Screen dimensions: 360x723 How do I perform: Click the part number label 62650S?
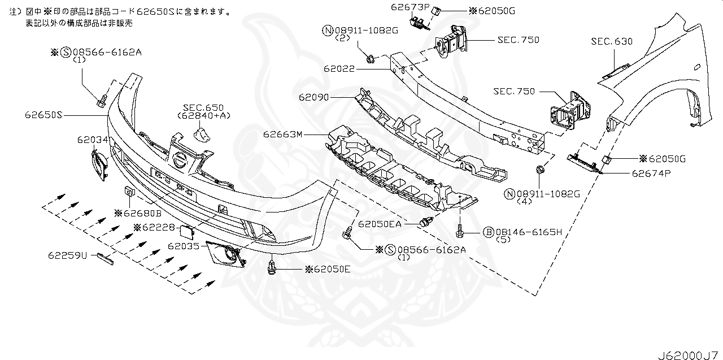pos(42,115)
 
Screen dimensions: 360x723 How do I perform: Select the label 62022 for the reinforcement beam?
pos(339,69)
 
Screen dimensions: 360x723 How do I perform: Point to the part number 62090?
pos(314,97)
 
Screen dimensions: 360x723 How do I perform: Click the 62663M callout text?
pos(282,135)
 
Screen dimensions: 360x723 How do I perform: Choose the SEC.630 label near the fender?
pos(612,41)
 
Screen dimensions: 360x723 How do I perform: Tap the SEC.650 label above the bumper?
pos(203,107)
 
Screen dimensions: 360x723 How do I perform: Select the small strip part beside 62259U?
pos(106,258)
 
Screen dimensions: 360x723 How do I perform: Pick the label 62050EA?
pos(379,224)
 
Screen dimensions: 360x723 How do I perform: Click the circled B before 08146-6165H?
pos(487,232)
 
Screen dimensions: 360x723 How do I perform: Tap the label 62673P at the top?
pos(410,7)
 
